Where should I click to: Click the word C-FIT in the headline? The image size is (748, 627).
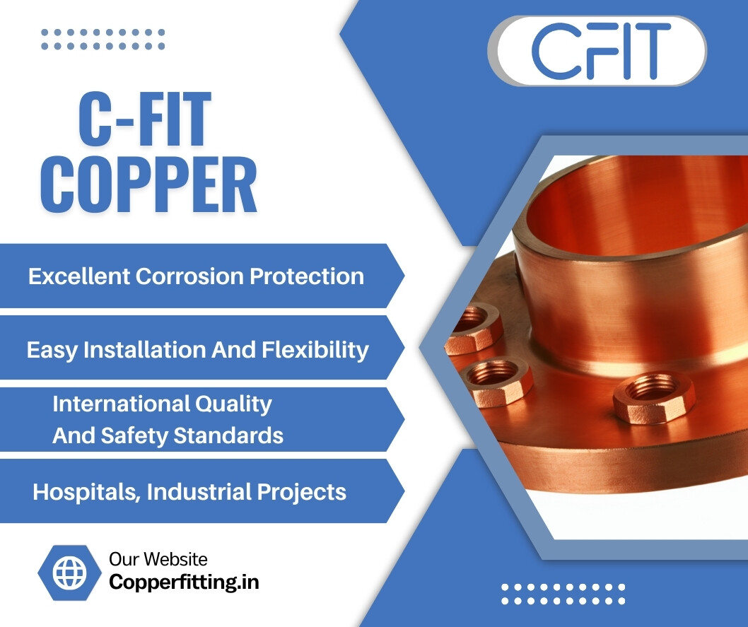tap(145, 122)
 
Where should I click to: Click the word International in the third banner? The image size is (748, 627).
tap(115, 404)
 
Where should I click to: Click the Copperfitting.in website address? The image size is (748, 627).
tap(184, 582)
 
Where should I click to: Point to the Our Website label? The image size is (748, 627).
tap(158, 560)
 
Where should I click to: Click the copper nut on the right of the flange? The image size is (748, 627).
tap(645, 398)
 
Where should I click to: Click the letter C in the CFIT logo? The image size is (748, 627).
tap(553, 50)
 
